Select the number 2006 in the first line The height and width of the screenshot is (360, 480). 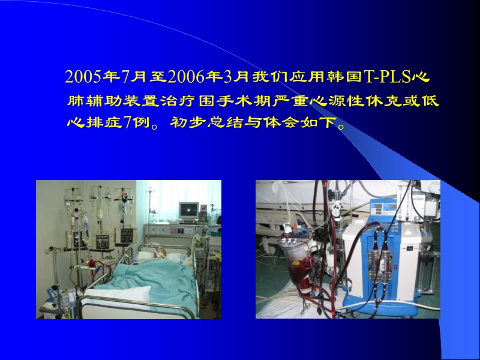pos(187,77)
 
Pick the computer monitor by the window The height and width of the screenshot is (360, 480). pos(189,211)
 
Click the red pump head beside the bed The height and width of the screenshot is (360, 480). pos(92,265)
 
